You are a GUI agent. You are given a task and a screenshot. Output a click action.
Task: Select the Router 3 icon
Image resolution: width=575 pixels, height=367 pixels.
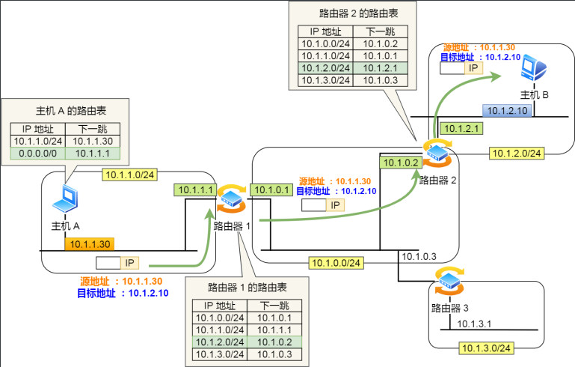click(448, 283)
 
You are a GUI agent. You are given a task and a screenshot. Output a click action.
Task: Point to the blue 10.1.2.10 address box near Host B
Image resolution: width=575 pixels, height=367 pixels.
click(508, 111)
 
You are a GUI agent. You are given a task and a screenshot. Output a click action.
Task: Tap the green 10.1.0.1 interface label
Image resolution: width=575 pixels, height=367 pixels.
click(271, 189)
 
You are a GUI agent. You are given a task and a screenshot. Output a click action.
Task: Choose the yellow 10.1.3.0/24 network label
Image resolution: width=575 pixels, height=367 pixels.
click(485, 348)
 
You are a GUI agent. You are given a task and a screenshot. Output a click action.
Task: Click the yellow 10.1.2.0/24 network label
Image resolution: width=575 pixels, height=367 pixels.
click(516, 153)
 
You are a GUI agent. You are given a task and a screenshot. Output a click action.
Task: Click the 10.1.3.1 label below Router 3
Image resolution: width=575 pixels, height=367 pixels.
click(473, 324)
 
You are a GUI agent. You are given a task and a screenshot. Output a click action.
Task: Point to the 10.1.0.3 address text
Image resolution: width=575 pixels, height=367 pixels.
click(419, 258)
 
